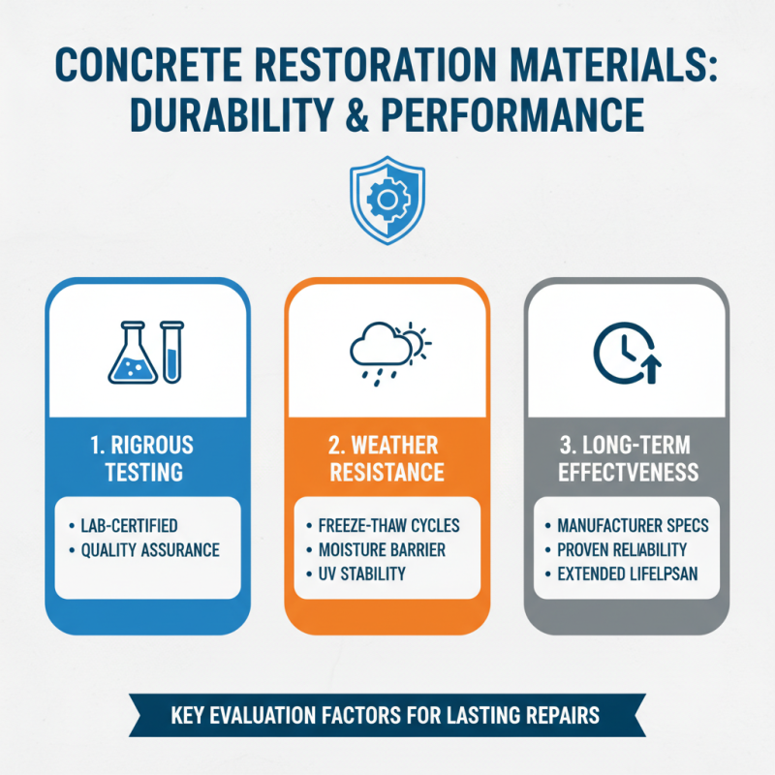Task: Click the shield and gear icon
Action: (387, 201)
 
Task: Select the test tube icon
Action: (171, 351)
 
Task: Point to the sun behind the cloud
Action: (413, 338)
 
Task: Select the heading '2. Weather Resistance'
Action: (387, 459)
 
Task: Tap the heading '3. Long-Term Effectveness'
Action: (626, 459)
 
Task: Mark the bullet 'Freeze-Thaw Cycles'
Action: (387, 526)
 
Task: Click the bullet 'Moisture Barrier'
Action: (381, 550)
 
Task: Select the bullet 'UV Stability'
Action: (360, 574)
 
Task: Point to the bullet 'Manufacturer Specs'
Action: (633, 526)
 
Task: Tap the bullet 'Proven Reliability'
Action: (627, 550)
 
